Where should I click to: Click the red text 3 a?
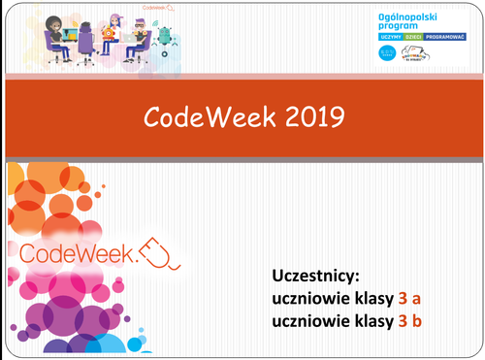point(410,298)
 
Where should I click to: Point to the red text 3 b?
point(410,319)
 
